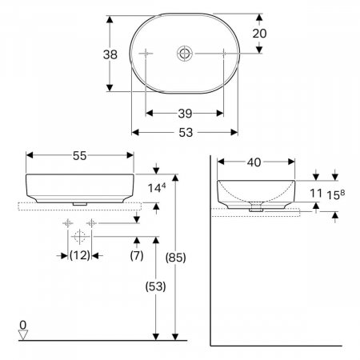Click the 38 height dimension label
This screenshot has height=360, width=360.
(x=110, y=54)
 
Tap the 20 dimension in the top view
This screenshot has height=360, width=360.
(x=259, y=34)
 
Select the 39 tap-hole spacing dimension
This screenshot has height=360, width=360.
(x=185, y=114)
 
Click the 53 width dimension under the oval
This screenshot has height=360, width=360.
(x=186, y=133)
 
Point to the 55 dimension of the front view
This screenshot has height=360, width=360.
(x=80, y=156)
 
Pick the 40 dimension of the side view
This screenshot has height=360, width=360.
(x=254, y=162)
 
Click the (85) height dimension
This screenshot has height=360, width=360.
(x=175, y=258)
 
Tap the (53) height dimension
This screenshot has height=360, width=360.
(x=156, y=286)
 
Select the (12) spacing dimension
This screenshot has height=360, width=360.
(x=80, y=255)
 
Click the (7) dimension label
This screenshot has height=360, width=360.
(x=137, y=255)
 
